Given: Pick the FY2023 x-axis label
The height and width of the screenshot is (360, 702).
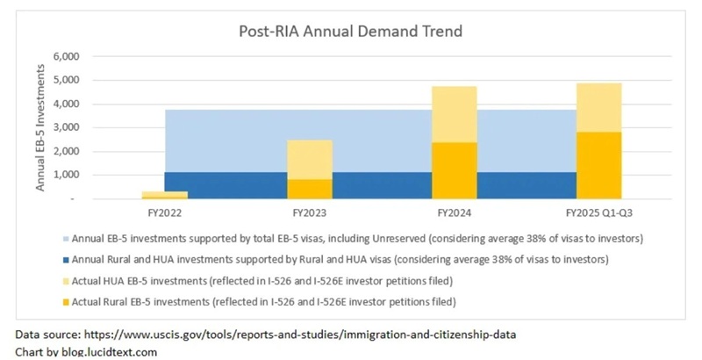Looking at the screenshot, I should coord(309,212).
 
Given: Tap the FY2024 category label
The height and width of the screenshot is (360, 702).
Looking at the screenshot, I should coord(454,212).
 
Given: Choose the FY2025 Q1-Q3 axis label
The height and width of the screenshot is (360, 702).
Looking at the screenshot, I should coord(598,212).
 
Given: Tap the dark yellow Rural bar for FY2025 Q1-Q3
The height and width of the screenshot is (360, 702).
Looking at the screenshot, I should coord(598,165).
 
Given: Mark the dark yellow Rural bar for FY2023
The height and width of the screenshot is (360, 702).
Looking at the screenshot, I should coord(309,189).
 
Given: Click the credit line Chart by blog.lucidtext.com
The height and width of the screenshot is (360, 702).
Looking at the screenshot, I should coord(86,351).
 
